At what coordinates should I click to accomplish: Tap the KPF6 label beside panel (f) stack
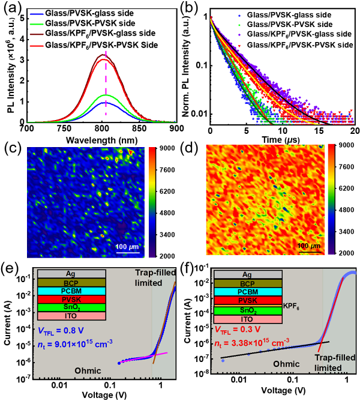(294, 305)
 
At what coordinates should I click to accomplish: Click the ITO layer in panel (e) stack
(73, 316)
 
